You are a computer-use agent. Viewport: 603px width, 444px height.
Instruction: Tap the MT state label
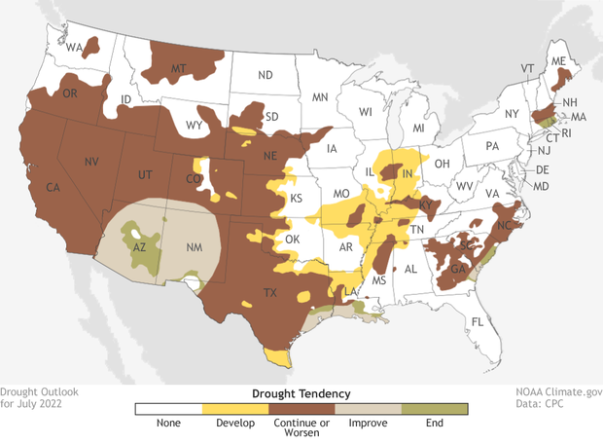pos(178,69)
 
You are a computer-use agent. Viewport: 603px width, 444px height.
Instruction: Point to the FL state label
pos(477,322)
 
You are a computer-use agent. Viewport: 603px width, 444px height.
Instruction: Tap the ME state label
pos(557,60)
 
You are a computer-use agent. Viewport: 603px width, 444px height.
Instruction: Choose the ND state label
pos(265,75)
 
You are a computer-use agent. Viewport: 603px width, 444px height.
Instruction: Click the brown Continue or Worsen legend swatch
pos(301,409)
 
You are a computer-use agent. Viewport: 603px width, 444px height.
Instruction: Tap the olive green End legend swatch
pos(435,409)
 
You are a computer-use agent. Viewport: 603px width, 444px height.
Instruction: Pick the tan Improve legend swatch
pos(368,409)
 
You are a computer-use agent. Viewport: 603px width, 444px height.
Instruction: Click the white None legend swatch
pos(168,409)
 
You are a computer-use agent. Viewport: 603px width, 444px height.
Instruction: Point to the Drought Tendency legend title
pos(301,392)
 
